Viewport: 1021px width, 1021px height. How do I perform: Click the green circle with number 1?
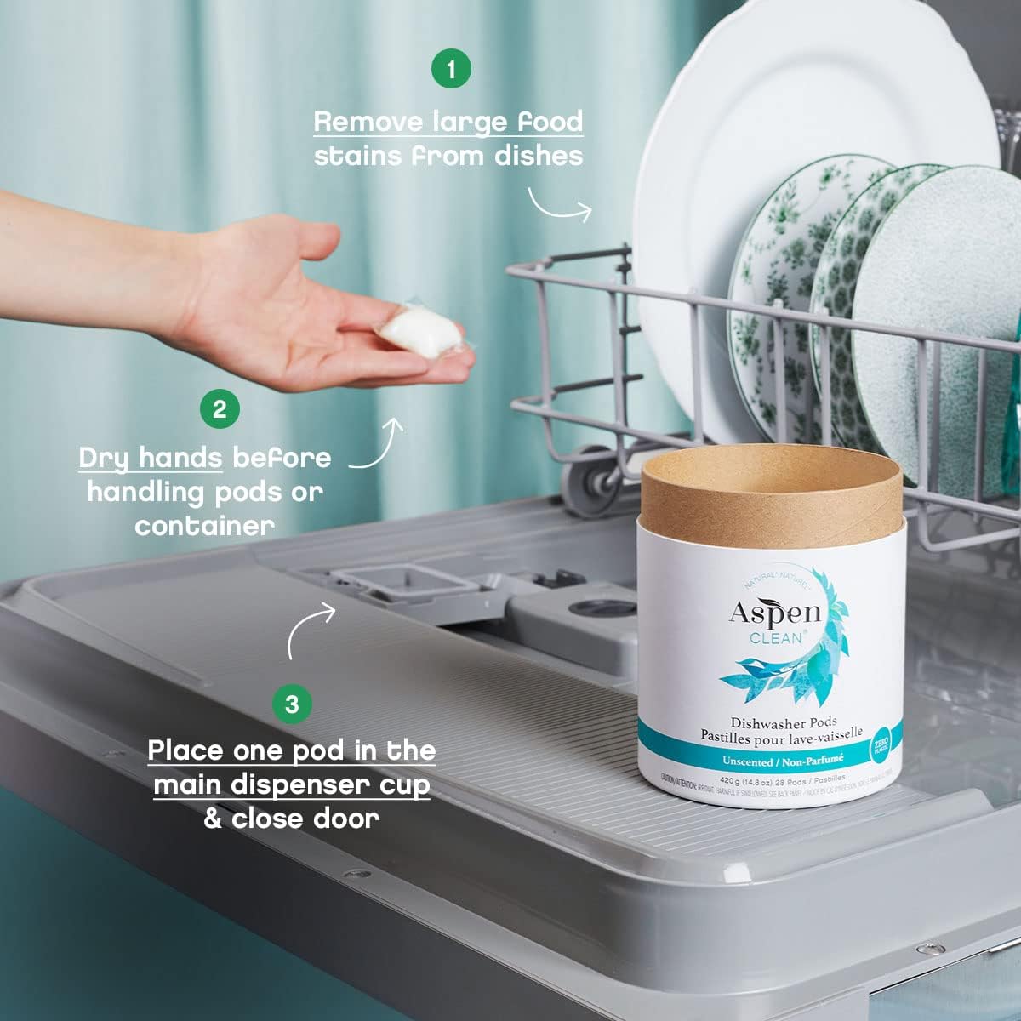coord(451,68)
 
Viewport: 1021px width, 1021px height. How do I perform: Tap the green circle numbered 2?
coord(220,408)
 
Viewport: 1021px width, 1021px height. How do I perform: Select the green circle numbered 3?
coord(292,704)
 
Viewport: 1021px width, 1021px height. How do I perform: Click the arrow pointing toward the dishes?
coord(560,205)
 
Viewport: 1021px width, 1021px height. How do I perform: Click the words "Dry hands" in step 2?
coord(151,458)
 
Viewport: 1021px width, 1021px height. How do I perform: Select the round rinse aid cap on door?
coord(602,608)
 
